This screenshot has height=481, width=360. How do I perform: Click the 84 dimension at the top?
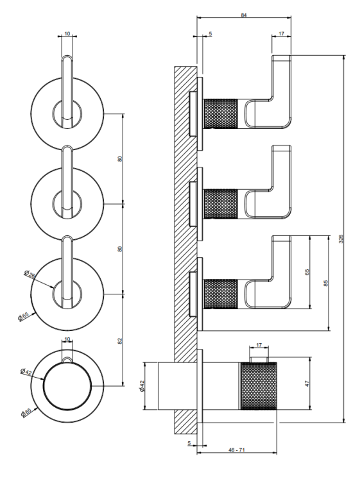click(244, 15)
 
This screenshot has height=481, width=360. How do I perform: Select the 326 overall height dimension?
click(341, 239)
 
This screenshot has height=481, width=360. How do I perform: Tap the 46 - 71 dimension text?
click(237, 450)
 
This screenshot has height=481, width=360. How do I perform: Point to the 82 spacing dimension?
click(120, 341)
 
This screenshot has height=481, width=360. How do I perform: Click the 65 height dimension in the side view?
click(307, 272)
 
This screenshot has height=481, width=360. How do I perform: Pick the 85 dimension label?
click(326, 283)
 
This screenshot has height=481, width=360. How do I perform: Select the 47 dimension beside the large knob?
click(307, 383)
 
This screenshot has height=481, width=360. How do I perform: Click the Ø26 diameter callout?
click(30, 273)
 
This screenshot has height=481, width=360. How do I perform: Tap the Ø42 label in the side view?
click(142, 385)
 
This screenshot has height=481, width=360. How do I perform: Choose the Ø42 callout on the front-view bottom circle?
click(26, 371)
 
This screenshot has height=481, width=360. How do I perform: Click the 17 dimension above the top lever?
click(282, 33)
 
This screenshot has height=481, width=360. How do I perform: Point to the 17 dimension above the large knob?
click(259, 345)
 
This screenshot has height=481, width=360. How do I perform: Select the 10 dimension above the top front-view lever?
click(67, 33)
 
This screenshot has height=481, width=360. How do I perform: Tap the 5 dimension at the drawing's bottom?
click(189, 443)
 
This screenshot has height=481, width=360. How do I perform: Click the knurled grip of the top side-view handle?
click(221, 114)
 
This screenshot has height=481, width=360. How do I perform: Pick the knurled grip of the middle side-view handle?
click(221, 204)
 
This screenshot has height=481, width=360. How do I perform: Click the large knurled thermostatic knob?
click(259, 386)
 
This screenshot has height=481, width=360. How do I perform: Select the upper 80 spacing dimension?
click(120, 159)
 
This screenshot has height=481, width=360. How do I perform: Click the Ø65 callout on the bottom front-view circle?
click(26, 412)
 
